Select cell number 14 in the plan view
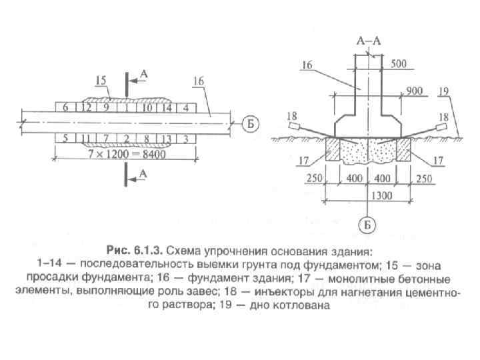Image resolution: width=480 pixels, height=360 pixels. coord(167,107)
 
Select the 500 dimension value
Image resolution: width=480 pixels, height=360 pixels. coord(399,64)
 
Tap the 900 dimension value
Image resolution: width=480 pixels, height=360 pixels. coord(414,91)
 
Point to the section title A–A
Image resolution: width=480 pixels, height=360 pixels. coord(368,41)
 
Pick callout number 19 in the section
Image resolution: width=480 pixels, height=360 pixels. coord(445,90)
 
